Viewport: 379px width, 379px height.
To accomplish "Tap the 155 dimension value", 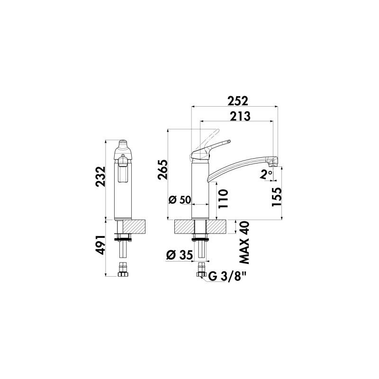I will click(277, 196).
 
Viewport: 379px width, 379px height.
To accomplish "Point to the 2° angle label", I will click(267, 174).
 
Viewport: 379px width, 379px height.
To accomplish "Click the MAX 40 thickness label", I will click(245, 242).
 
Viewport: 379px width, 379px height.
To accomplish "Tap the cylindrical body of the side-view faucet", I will click(200, 189).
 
